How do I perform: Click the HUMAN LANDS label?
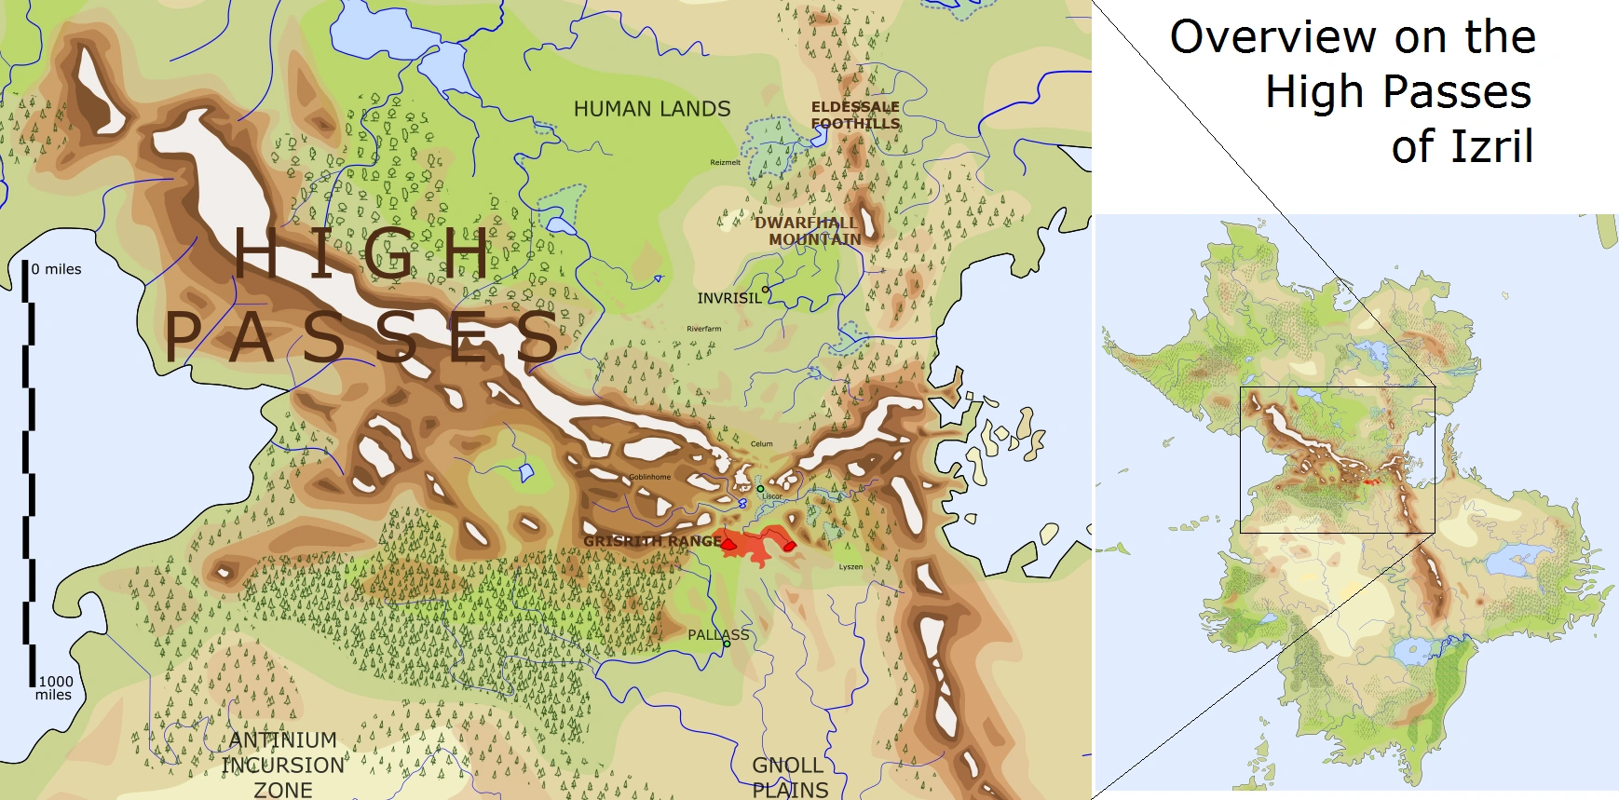tap(652, 109)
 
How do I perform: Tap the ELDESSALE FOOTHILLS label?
tap(855, 115)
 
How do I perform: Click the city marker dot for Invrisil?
tap(766, 290)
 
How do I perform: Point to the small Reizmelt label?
tap(726, 162)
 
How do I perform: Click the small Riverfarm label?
tap(704, 329)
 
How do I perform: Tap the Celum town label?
tap(762, 444)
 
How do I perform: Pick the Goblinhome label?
tap(649, 477)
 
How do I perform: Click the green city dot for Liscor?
tap(760, 488)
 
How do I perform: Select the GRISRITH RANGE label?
tap(652, 541)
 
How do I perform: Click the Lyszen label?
tap(850, 566)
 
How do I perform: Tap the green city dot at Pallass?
tap(727, 644)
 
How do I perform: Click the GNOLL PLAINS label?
tap(789, 778)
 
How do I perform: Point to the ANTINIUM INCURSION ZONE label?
tap(283, 765)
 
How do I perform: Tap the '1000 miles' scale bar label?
tap(55, 687)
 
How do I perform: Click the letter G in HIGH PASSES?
tap(388, 253)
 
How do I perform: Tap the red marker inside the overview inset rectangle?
tap(1369, 481)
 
